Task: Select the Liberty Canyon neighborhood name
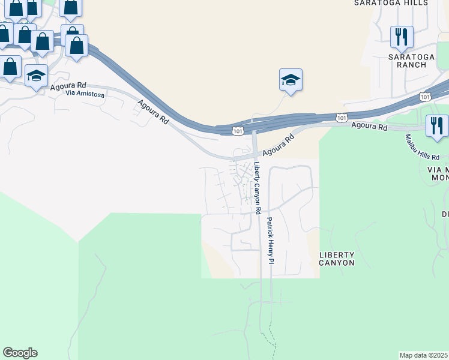(337, 259)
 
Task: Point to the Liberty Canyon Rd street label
(258, 188)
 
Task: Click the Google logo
(20, 353)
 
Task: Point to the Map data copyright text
(423, 355)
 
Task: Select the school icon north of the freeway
(291, 80)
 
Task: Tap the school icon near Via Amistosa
(36, 76)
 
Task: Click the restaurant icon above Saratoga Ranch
(402, 37)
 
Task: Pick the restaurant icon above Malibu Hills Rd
(436, 126)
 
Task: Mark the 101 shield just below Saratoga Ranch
(425, 96)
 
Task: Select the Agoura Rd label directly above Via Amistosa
(68, 86)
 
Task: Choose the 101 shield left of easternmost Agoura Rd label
(341, 118)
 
